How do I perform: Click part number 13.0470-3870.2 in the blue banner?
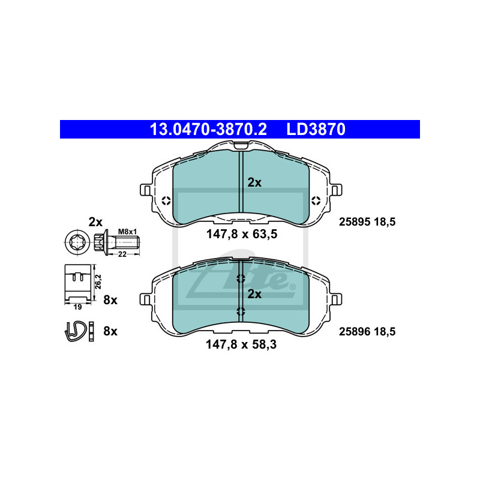pos(208,129)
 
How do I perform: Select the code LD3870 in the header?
pos(316,129)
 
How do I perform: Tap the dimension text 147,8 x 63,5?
pos(242,234)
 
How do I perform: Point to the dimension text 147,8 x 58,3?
pos(241,344)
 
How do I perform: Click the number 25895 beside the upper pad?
pos(355,221)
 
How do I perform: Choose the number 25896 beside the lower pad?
pos(355,332)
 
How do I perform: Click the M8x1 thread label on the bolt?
pos(127,232)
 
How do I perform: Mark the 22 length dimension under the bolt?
pos(122,254)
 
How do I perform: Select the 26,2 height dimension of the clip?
pos(98,281)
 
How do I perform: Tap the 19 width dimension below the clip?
pos(78,307)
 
